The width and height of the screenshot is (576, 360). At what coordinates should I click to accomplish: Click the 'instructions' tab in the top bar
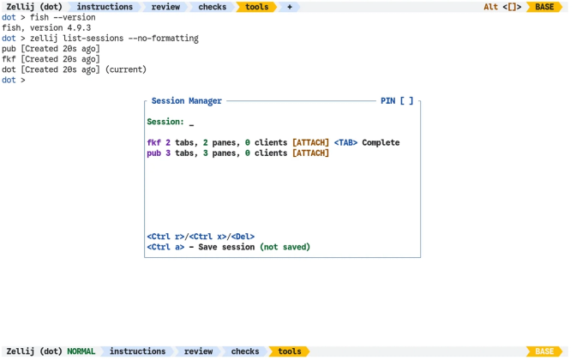click(x=105, y=7)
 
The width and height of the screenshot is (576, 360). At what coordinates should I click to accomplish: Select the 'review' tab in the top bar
click(x=165, y=7)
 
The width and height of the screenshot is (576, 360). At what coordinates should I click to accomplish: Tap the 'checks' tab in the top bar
click(x=213, y=7)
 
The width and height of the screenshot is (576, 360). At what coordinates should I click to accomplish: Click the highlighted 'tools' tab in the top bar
click(x=257, y=7)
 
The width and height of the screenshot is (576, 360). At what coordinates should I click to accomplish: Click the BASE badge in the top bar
click(x=544, y=7)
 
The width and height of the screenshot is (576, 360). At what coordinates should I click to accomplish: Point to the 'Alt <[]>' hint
click(x=502, y=7)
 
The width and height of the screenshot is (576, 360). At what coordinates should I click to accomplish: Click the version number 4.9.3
click(x=79, y=28)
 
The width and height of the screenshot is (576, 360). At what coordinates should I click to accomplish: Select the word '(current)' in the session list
click(x=126, y=69)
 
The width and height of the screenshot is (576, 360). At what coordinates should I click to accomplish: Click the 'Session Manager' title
click(x=187, y=101)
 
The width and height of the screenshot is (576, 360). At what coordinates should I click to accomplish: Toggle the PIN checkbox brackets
click(x=406, y=101)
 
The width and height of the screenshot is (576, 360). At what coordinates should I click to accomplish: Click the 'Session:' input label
click(x=165, y=122)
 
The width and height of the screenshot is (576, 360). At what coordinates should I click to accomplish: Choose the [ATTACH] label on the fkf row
click(x=310, y=142)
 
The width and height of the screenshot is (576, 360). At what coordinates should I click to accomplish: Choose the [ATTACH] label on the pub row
click(x=310, y=153)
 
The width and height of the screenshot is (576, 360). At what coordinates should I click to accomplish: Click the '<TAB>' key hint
click(x=345, y=142)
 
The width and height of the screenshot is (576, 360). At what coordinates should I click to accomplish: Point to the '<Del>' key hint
click(x=243, y=237)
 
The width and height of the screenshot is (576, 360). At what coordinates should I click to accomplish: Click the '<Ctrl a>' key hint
click(x=165, y=247)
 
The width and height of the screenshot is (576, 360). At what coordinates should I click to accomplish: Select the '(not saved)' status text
click(x=285, y=247)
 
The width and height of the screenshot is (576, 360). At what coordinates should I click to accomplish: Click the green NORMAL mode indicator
click(x=81, y=351)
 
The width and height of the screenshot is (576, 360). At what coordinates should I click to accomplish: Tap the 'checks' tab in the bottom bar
click(x=245, y=351)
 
